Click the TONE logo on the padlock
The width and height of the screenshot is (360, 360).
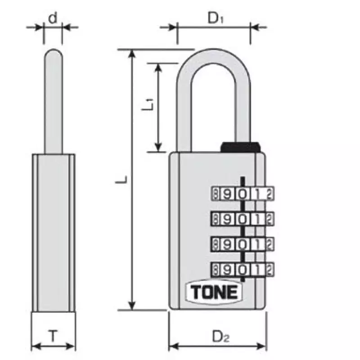pyautogui.click(x=214, y=292)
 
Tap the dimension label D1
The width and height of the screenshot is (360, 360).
pyautogui.click(x=215, y=18)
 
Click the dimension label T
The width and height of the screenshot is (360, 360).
pyautogui.click(x=53, y=336)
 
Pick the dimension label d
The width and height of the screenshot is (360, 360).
pyautogui.click(x=53, y=18)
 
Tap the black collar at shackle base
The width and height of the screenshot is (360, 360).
pyautogui.click(x=241, y=147)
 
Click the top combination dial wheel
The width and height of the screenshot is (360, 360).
pyautogui.click(x=242, y=194)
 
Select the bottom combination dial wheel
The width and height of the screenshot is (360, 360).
pyautogui.click(x=242, y=269)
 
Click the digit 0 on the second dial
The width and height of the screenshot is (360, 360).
pyautogui.click(x=242, y=219)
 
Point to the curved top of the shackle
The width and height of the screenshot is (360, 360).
pyautogui.click(x=212, y=55)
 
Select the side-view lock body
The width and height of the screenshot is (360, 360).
pyautogui.click(x=54, y=232)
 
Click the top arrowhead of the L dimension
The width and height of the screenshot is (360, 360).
pyautogui.click(x=132, y=54)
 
